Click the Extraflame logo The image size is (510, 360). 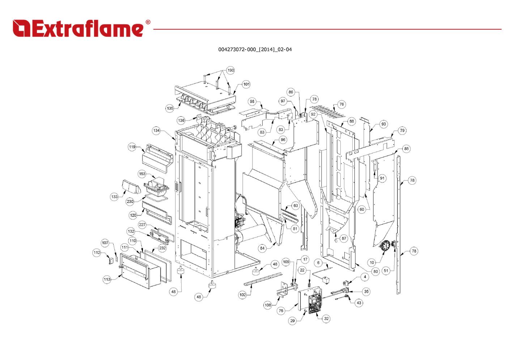(x=78, y=29)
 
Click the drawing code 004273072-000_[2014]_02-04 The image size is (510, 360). (x=255, y=50)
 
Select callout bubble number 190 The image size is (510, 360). (x=230, y=70)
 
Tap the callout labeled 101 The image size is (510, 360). (x=246, y=84)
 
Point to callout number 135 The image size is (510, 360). (x=170, y=108)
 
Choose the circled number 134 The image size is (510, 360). (x=156, y=130)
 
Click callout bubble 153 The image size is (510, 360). (x=142, y=174)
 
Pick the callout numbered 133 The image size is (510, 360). (x=114, y=197)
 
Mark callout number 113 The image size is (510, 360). (x=107, y=279)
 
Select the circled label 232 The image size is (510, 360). (x=162, y=248)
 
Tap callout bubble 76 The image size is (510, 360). (x=341, y=104)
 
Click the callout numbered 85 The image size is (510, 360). (x=407, y=149)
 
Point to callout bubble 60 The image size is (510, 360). (x=362, y=209)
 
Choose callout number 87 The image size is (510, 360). (x=344, y=238)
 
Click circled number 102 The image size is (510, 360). (x=242, y=295)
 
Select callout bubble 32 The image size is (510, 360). (x=326, y=318)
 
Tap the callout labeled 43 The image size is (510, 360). (x=359, y=303)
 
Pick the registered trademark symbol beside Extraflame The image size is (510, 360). (x=148, y=22)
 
